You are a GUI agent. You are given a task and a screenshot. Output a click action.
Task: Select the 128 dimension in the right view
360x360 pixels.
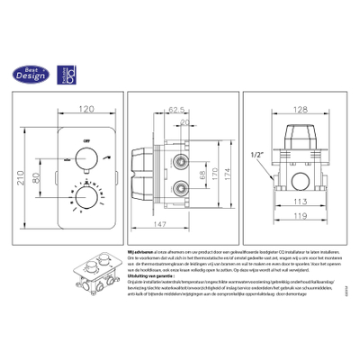pos(301,109)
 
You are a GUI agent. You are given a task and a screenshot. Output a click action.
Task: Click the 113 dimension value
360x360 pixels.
pos(301,202)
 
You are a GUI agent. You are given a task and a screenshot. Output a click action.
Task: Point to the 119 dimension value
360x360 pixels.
pos(301,218)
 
